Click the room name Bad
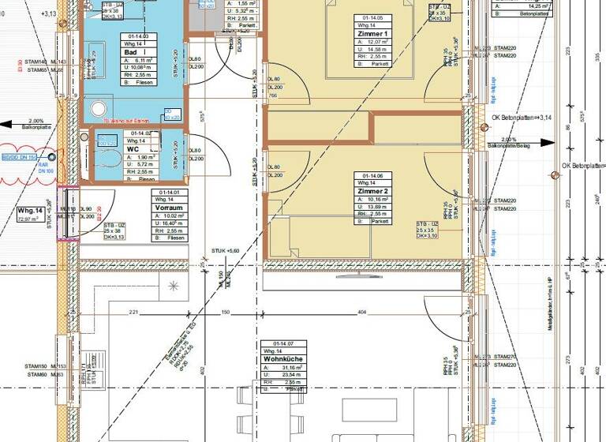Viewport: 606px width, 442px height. tap(129, 52)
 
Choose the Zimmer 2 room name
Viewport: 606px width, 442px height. tap(372, 192)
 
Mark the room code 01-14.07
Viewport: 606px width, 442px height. tap(283, 343)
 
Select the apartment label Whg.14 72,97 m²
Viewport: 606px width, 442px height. tap(33, 215)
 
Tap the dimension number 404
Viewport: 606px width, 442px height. tap(362, 313)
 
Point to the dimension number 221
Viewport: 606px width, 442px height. tap(133, 313)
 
